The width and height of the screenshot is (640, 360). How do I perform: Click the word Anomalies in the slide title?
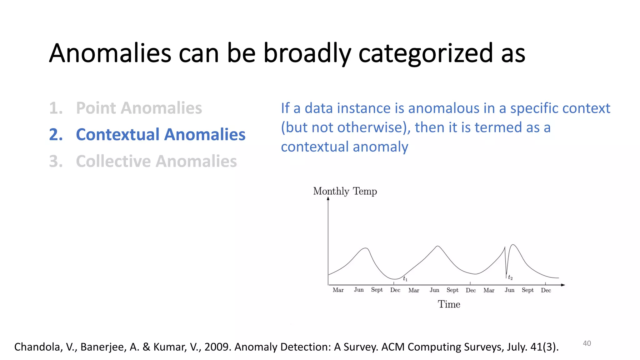(x=110, y=53)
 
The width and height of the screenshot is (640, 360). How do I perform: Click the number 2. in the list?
(x=56, y=135)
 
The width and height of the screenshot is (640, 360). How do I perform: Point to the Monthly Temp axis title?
(x=345, y=191)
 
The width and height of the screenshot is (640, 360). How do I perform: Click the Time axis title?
(x=449, y=304)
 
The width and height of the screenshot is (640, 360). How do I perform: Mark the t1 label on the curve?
(x=405, y=278)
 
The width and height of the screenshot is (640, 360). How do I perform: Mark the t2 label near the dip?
(x=510, y=277)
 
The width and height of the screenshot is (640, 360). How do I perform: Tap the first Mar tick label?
(x=338, y=290)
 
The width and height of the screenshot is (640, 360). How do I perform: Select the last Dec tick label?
(x=546, y=290)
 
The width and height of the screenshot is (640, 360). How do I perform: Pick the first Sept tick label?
(x=377, y=290)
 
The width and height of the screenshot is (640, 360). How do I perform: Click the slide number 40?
(x=587, y=343)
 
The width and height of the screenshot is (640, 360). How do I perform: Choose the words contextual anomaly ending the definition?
(x=344, y=147)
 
